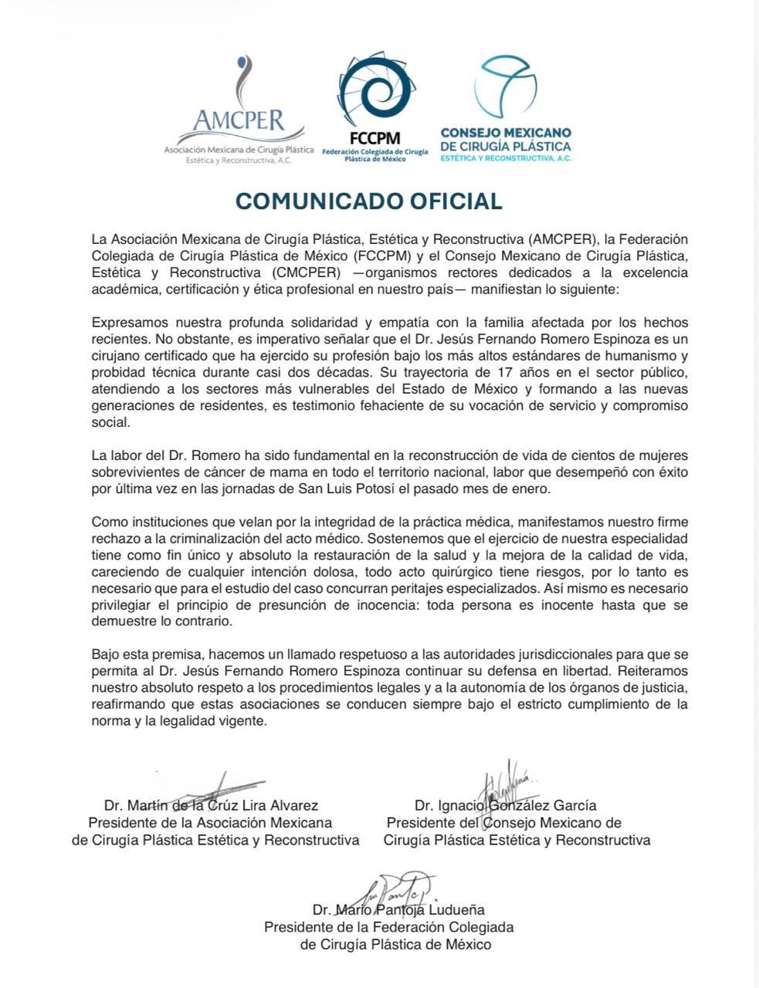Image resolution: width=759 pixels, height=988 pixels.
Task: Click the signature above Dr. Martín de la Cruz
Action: coord(208,787)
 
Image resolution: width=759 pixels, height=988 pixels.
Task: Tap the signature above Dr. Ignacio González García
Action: coord(506,783)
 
